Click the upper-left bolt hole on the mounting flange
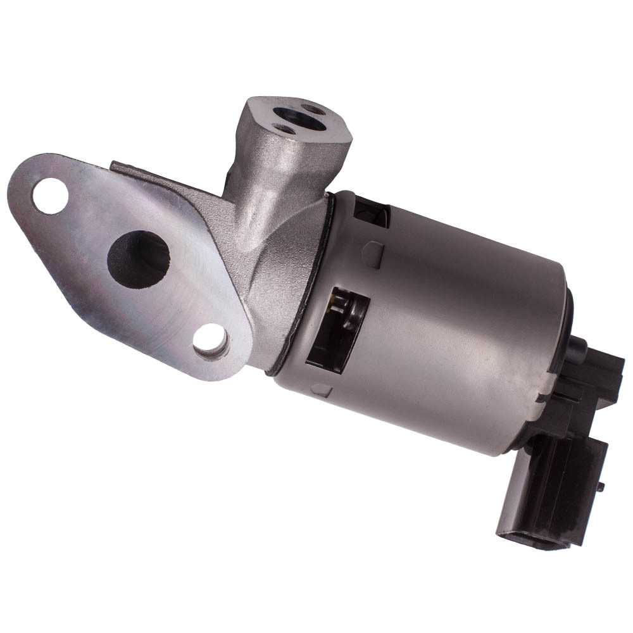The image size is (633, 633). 50,196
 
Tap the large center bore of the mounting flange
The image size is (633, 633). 138,258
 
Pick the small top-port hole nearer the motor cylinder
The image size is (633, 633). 312,109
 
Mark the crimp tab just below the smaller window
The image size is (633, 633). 372,254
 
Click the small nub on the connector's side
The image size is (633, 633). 599,486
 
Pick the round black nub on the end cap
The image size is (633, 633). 577,347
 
